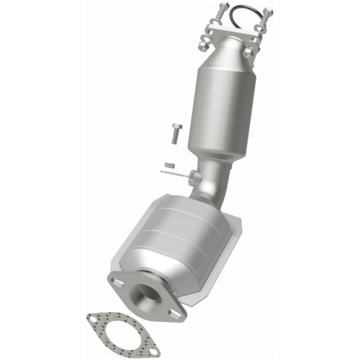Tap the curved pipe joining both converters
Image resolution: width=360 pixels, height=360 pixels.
coord(213,180)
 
